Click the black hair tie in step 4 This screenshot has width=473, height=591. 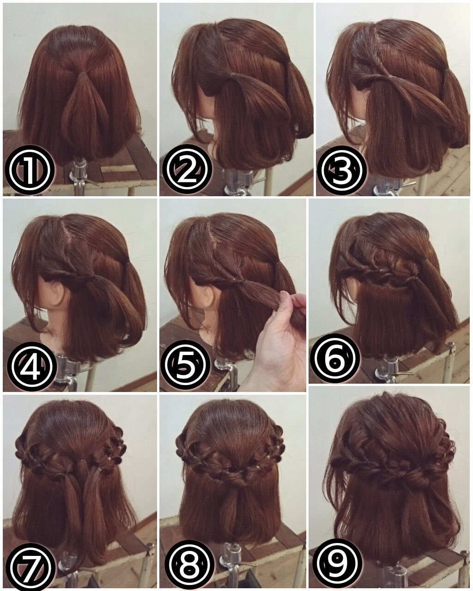coord(94,276)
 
